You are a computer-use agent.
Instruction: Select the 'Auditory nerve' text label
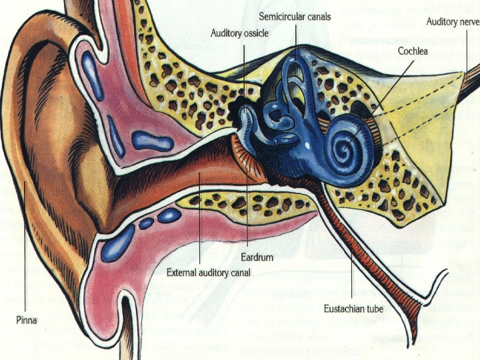(453, 21)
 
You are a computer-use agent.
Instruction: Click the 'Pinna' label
(27, 320)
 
